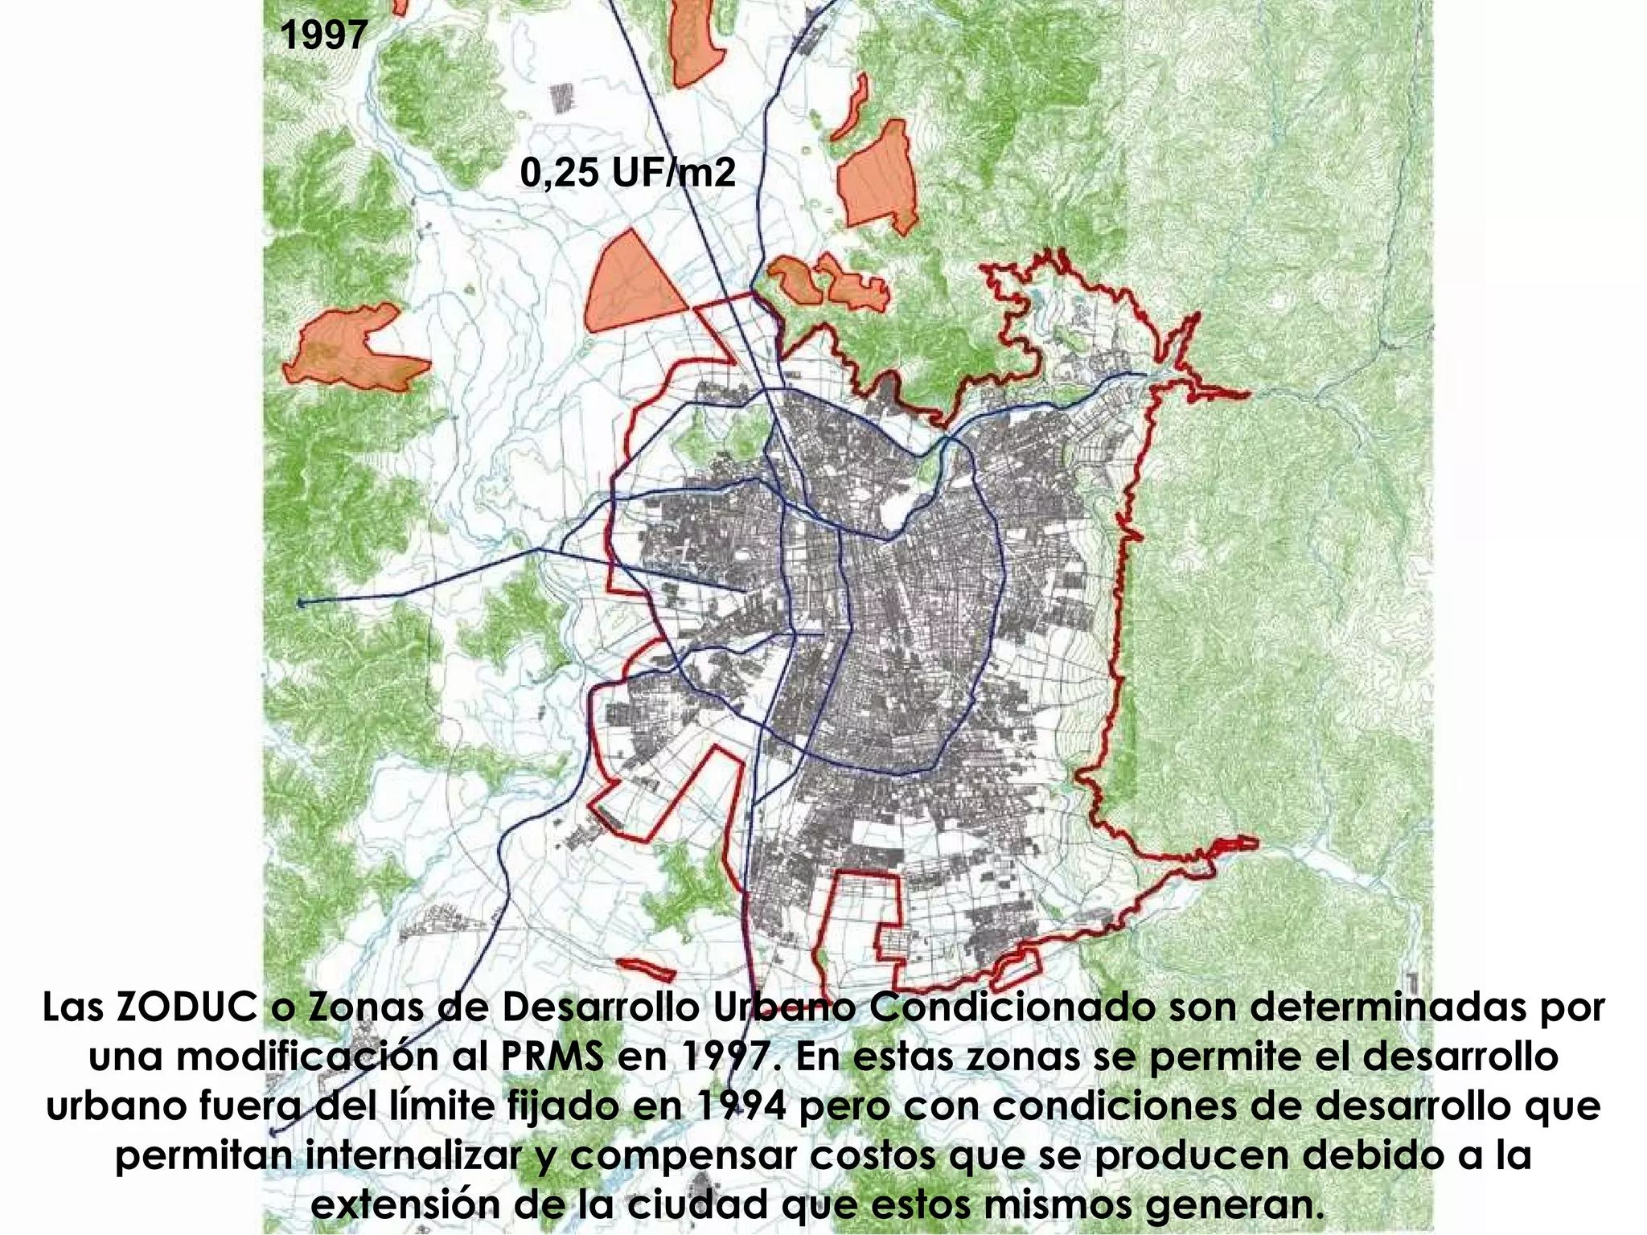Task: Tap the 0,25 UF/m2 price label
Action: [627, 172]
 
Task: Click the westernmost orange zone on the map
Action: [354, 351]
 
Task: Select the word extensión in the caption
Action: [397, 1205]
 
